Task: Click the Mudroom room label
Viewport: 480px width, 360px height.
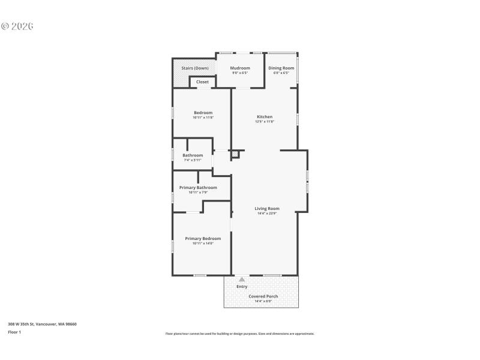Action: pos(240,68)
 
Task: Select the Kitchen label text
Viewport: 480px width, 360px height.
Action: pos(265,117)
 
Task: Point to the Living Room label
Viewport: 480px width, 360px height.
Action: pos(267,209)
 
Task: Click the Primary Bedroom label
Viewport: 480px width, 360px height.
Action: pos(203,238)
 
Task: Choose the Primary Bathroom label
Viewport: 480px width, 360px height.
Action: pos(198,187)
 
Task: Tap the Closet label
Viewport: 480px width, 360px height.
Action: pos(202,82)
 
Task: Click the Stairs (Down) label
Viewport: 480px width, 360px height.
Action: pos(195,68)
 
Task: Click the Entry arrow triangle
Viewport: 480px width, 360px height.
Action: pos(242,279)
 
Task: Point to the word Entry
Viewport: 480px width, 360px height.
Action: pos(242,286)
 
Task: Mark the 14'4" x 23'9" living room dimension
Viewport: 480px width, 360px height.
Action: pos(267,214)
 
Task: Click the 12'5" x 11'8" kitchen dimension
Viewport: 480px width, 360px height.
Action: pos(265,122)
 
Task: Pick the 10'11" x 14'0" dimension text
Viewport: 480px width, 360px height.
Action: pos(203,243)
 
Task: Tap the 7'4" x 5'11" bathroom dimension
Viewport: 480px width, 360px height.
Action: pos(193,160)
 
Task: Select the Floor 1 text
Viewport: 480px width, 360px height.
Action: pos(14,332)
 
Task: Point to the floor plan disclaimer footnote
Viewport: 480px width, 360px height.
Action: pos(239,334)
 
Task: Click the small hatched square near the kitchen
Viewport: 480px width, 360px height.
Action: pos(235,154)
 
